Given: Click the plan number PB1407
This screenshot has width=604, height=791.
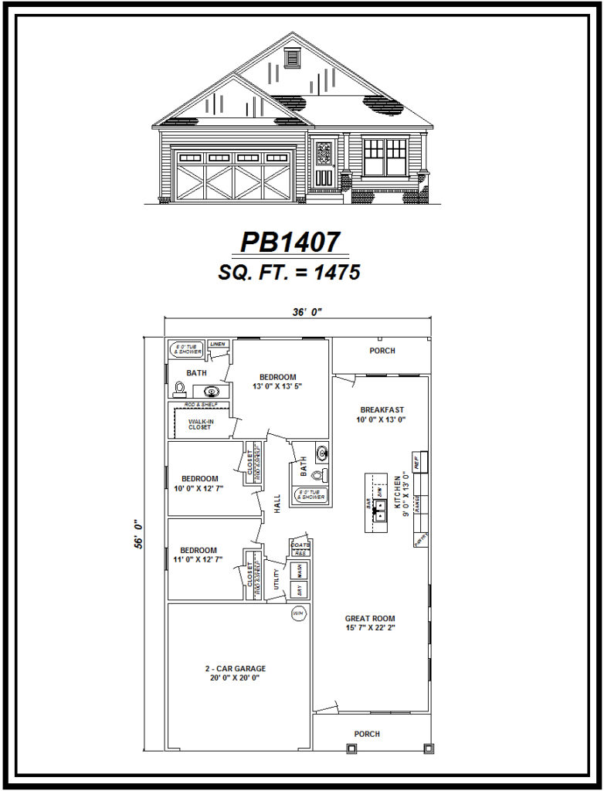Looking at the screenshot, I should point(290,243).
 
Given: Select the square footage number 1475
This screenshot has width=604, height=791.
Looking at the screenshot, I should point(334,272).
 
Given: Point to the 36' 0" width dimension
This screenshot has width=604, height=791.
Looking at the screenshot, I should point(306,312).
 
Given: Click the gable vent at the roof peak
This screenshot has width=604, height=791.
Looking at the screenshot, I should point(292,56).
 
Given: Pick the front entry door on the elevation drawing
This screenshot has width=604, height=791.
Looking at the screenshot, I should point(324,164).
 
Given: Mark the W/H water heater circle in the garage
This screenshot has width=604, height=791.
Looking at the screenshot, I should point(298,613).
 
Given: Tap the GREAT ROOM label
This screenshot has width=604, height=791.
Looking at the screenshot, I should point(370,618).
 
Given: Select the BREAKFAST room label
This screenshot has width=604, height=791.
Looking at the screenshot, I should point(382,409).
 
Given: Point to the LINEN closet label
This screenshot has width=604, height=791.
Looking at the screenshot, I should point(217,344).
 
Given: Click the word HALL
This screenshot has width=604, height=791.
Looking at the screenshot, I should point(276,503).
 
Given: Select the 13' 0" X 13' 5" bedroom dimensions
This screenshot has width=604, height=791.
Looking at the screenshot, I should point(275,385).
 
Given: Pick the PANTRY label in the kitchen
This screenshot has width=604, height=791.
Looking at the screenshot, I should point(420,538).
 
